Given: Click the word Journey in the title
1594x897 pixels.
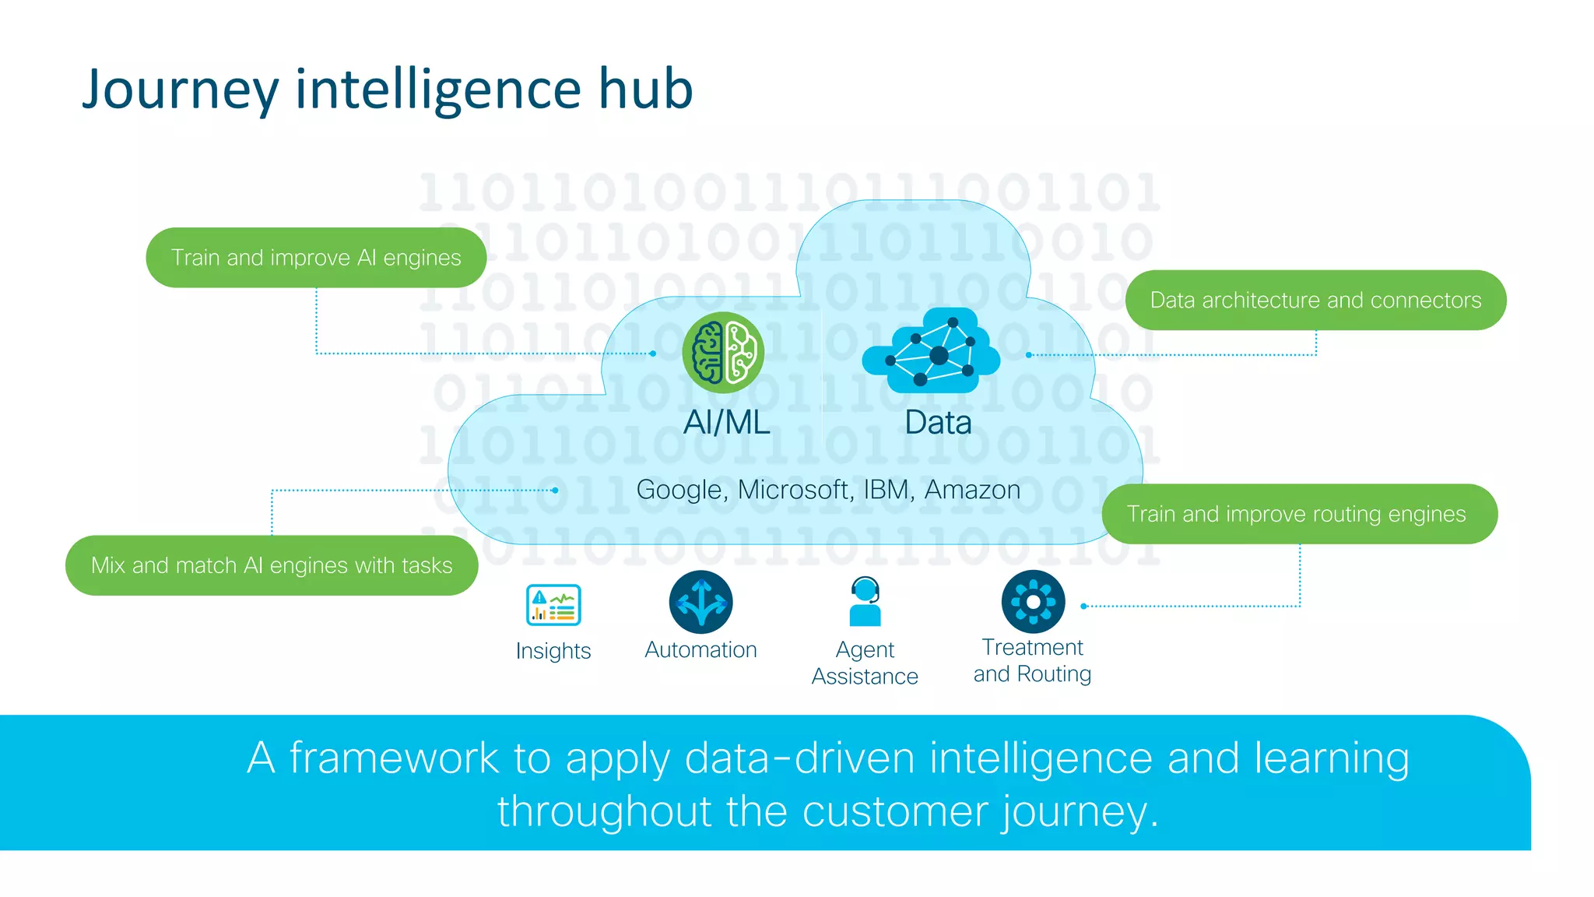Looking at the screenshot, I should click(x=180, y=89).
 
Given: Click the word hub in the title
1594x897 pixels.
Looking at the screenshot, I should click(x=645, y=89).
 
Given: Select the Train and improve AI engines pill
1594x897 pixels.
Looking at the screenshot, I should click(x=316, y=258).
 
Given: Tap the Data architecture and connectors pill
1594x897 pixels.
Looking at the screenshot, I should click(x=1315, y=301).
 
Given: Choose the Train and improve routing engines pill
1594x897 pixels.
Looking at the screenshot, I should click(x=1299, y=514).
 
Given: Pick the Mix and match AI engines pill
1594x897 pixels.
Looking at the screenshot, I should click(x=272, y=565).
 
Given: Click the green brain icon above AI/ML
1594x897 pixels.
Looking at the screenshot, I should click(x=723, y=353).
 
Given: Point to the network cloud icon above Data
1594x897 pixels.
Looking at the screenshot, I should click(x=932, y=350).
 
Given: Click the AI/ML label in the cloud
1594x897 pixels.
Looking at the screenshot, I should click(x=727, y=423).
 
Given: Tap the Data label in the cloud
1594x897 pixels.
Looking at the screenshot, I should click(x=938, y=423).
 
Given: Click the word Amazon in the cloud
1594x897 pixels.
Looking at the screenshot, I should click(x=972, y=490).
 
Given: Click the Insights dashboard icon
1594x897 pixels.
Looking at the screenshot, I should click(x=553, y=605).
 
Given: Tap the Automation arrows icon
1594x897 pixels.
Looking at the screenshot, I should click(x=700, y=602).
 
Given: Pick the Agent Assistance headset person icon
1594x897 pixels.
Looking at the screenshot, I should click(x=865, y=601).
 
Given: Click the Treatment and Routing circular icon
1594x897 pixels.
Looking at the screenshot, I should click(x=1033, y=602).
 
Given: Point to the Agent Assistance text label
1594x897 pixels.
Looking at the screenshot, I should click(x=865, y=663).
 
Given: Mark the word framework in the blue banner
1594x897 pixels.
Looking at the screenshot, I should click(x=394, y=758).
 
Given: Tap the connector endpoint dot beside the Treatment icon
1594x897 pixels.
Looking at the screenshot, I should click(x=1083, y=606).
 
